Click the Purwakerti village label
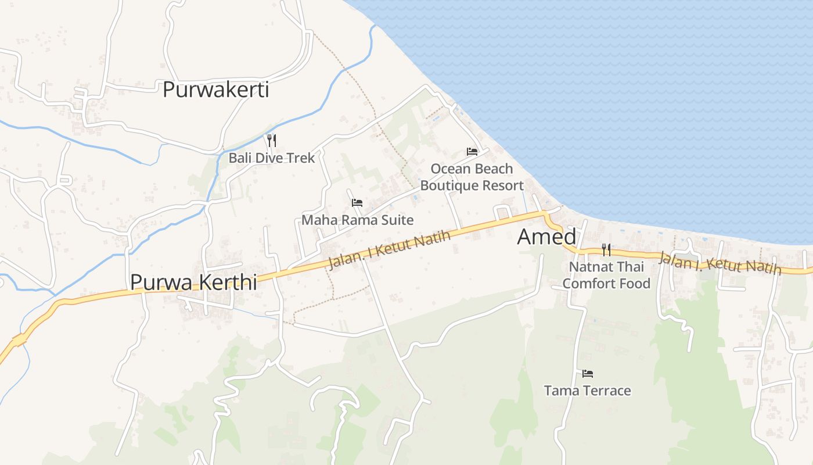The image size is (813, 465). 215,90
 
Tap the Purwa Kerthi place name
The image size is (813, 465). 193,282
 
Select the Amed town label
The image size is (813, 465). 546,237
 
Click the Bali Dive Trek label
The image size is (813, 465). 271,158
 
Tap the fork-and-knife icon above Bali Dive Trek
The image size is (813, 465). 271,140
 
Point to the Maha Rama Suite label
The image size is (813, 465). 357,220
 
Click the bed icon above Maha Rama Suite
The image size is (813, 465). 357,203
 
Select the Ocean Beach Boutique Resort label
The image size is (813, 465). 472,177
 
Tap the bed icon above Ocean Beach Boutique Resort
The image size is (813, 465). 472,152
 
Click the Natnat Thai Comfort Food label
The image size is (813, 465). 606,276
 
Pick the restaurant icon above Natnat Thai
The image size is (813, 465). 606,250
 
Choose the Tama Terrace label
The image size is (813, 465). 587,391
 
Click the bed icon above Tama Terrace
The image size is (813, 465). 588,373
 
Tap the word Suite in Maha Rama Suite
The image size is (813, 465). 398,220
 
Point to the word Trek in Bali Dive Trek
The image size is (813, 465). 301,158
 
